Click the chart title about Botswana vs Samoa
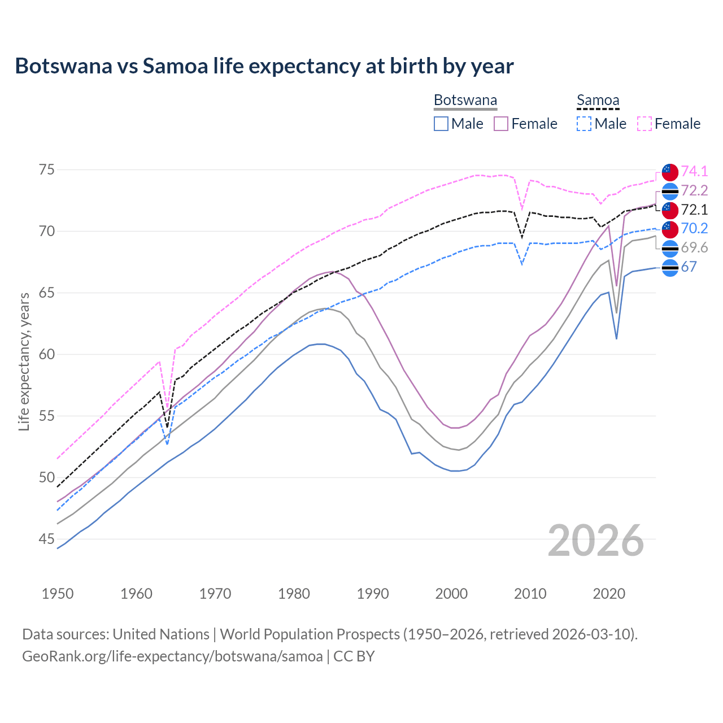pyautogui.click(x=264, y=66)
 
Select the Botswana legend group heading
pyautogui.click(x=465, y=101)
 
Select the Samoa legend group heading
pyautogui.click(x=598, y=101)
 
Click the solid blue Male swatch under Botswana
pyautogui.click(x=441, y=124)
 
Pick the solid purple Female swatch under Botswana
pyautogui.click(x=501, y=124)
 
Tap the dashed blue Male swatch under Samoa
pyautogui.click(x=584, y=124)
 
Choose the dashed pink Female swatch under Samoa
pyautogui.click(x=644, y=124)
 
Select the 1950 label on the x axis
pyautogui.click(x=58, y=594)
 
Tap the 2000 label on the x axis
pyautogui.click(x=452, y=594)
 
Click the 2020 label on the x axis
pyautogui.click(x=609, y=594)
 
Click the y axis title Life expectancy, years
pyautogui.click(x=24, y=361)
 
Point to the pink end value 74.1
pyautogui.click(x=694, y=171)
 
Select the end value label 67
pyautogui.click(x=689, y=267)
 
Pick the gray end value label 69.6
pyautogui.click(x=694, y=247)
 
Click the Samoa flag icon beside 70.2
pyautogui.click(x=670, y=229)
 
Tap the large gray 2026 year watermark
pyautogui.click(x=596, y=541)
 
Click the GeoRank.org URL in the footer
pyautogui.click(x=172, y=656)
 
